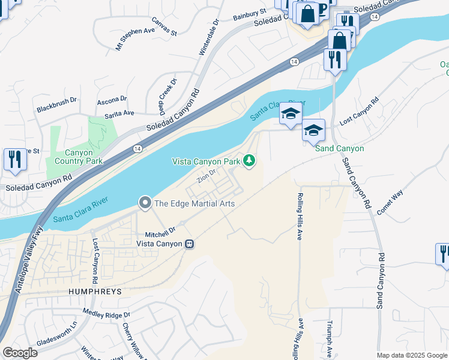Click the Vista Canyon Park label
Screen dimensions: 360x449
tap(206, 161)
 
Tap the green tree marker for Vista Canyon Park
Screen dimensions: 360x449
tap(249, 161)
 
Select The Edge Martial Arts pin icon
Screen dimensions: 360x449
tap(145, 203)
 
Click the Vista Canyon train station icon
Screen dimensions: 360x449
tap(189, 244)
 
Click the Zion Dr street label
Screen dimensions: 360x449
tap(206, 179)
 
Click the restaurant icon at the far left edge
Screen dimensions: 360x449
tap(13, 160)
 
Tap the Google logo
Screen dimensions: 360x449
tap(20, 352)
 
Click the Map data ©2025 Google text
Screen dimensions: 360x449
tap(411, 355)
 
